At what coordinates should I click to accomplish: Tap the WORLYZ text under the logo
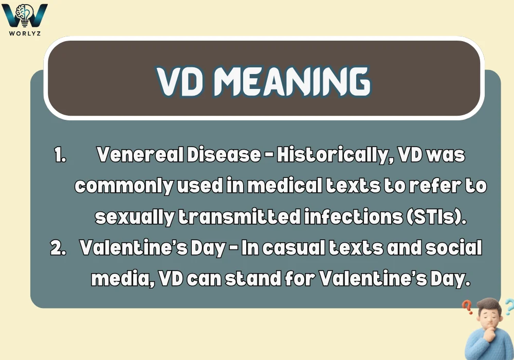tap(25, 33)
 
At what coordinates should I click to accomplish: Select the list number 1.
tap(60, 155)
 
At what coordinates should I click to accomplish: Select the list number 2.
tap(59, 247)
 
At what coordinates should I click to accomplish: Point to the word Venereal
tap(140, 155)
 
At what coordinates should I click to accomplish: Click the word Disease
tap(224, 155)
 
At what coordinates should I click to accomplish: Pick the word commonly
tap(124, 186)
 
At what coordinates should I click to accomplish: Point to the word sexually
tap(135, 217)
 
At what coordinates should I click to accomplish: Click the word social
tap(454, 247)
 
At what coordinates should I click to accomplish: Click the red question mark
tap(467, 307)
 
